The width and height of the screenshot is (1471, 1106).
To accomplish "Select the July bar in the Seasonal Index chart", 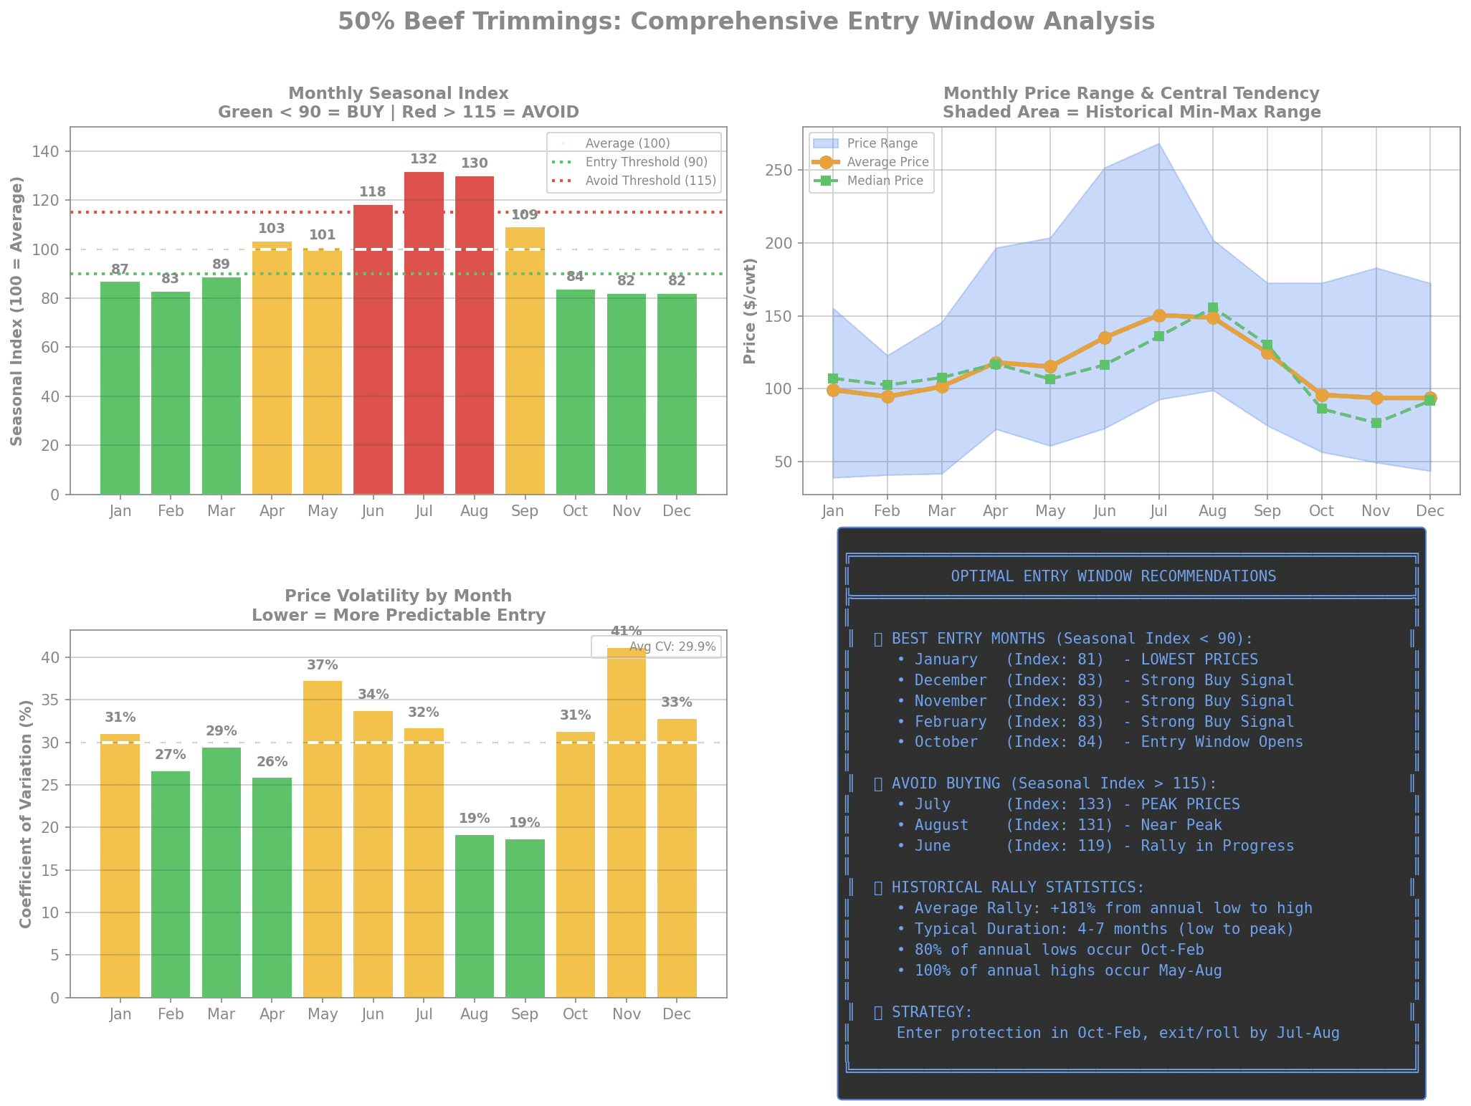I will (424, 333).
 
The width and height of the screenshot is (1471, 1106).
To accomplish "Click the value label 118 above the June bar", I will (373, 192).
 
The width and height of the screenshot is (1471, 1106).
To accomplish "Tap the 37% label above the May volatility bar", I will (323, 665).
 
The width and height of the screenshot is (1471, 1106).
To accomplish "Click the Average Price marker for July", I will (1159, 315).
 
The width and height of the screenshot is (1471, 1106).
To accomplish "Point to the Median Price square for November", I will (1376, 424).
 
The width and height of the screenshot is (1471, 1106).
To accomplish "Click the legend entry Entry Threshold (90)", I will (646, 162).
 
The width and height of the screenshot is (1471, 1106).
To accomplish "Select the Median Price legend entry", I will (885, 181).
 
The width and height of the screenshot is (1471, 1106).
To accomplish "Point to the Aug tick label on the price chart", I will (1212, 511).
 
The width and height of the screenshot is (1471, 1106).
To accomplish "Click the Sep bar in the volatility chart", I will (525, 917).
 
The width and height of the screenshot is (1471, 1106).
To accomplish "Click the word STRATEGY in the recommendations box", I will (930, 1012).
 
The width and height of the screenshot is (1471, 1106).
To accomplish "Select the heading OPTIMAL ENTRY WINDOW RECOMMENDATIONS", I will (1113, 576).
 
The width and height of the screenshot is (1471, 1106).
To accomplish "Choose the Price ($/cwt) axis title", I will (750, 311).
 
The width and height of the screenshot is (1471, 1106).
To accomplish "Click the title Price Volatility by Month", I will (399, 596).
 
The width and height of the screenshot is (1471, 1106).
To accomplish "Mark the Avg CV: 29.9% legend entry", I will (672, 647).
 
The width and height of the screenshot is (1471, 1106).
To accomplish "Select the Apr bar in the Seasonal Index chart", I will (272, 367).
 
